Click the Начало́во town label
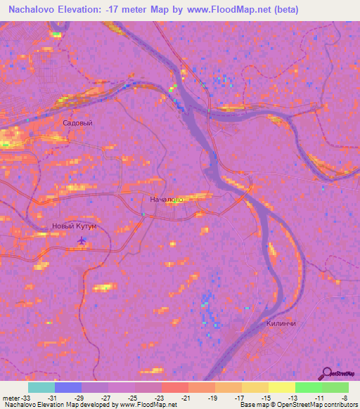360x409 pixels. click(167, 200)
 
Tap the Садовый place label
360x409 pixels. click(77, 123)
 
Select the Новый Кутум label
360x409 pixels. click(75, 226)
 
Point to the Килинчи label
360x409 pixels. click(281, 323)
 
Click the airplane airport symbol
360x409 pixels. click(82, 241)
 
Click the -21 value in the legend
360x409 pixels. click(186, 397)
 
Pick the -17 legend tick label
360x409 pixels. click(239, 397)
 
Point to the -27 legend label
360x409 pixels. click(105, 397)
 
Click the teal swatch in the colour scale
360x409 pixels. click(41, 387)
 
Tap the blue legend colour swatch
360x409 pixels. click(68, 387)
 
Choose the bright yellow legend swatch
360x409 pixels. click(281, 387)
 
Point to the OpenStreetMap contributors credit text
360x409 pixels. click(316, 405)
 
